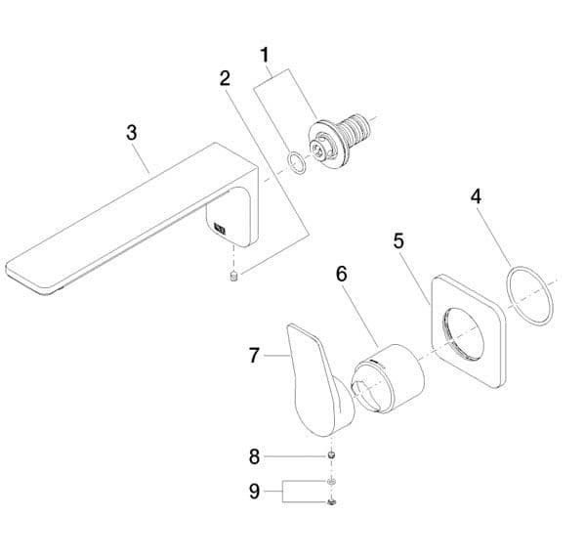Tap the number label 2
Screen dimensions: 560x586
tap(225, 78)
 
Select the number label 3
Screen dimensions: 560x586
tap(133, 134)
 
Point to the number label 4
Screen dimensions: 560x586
tap(476, 195)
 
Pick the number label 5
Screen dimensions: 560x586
tap(399, 240)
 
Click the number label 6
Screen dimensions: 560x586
tap(341, 274)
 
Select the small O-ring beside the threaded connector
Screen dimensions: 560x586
tap(294, 161)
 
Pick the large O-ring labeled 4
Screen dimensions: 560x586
tap(529, 295)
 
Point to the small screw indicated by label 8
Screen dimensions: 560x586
tap(332, 456)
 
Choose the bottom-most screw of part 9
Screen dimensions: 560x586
tap(332, 501)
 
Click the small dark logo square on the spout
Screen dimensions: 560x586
tap(219, 232)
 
